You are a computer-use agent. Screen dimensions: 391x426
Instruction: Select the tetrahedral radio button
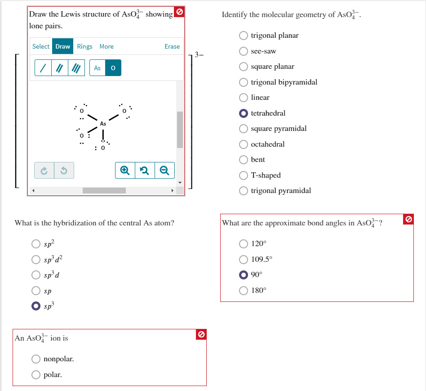click(244, 113)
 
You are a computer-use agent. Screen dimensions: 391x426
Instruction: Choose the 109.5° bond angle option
click(244, 259)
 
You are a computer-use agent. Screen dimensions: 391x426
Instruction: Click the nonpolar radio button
click(36, 359)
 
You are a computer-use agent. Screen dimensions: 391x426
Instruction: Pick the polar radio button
click(36, 375)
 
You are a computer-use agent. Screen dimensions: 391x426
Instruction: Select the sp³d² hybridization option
click(36, 259)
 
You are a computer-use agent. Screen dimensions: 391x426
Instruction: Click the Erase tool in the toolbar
click(172, 46)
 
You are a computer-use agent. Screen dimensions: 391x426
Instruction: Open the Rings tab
click(84, 46)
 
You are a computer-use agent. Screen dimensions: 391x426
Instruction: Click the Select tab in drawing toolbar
click(41, 46)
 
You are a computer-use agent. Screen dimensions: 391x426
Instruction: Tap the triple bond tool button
click(76, 68)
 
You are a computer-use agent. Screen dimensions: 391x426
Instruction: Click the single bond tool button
click(43, 68)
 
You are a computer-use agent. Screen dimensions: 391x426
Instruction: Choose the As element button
click(97, 68)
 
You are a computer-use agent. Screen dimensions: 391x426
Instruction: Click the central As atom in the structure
click(103, 123)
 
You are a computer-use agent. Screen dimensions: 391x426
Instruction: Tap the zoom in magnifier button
click(125, 171)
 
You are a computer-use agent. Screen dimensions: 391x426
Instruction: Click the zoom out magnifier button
click(164, 171)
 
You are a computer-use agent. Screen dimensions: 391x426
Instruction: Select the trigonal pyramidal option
click(244, 191)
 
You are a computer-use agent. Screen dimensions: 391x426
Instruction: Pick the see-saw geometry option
click(244, 51)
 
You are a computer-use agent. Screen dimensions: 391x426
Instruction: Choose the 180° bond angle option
click(244, 290)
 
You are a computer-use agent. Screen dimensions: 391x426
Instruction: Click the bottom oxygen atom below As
click(103, 148)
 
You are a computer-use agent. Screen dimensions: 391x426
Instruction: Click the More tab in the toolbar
click(106, 46)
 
